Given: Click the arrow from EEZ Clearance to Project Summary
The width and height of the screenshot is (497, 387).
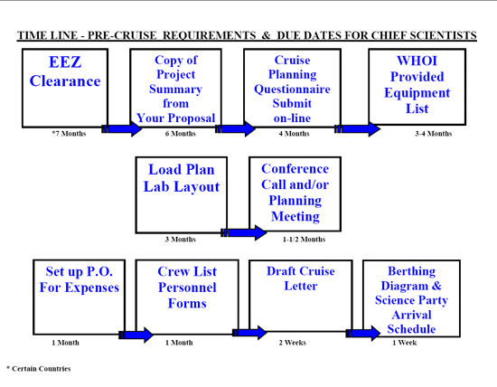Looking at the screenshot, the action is [122, 128].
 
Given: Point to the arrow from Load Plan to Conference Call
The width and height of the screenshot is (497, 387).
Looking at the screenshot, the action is [244, 233].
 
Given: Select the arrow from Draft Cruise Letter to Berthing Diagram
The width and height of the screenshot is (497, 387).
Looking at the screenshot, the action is [363, 333].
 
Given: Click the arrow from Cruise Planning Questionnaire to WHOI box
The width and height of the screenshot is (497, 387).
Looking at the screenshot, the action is [358, 128].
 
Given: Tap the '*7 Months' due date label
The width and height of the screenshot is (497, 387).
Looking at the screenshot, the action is [69, 134].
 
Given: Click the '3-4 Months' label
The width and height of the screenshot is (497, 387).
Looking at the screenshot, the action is [433, 134].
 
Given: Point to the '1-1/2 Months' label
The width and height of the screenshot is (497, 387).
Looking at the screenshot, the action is [304, 240].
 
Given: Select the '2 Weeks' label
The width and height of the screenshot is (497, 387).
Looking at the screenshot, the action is [292, 343].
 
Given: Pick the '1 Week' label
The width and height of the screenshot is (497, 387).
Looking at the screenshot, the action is [405, 343].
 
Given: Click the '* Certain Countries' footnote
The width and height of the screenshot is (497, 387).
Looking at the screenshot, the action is [38, 369].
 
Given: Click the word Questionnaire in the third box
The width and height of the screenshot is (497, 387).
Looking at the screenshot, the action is [292, 90].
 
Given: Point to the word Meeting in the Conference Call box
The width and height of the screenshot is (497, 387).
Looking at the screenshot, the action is [295, 216].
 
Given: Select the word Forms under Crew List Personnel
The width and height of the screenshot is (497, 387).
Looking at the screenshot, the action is [187, 303].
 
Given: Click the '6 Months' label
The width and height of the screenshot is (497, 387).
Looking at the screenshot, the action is [180, 134].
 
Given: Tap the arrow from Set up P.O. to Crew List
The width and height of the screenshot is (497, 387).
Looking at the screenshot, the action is [136, 335].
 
